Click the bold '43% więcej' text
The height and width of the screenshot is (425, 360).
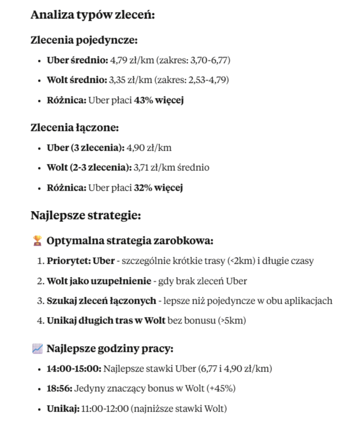click(159, 100)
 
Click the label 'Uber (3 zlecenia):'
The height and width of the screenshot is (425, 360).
click(85, 147)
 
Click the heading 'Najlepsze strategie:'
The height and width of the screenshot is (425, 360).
click(85, 216)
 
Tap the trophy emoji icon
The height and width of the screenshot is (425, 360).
click(37, 240)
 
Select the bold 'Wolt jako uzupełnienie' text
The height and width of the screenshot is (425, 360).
click(99, 281)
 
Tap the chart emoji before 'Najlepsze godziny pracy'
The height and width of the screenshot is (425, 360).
click(37, 348)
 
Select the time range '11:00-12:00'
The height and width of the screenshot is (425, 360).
click(106, 408)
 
